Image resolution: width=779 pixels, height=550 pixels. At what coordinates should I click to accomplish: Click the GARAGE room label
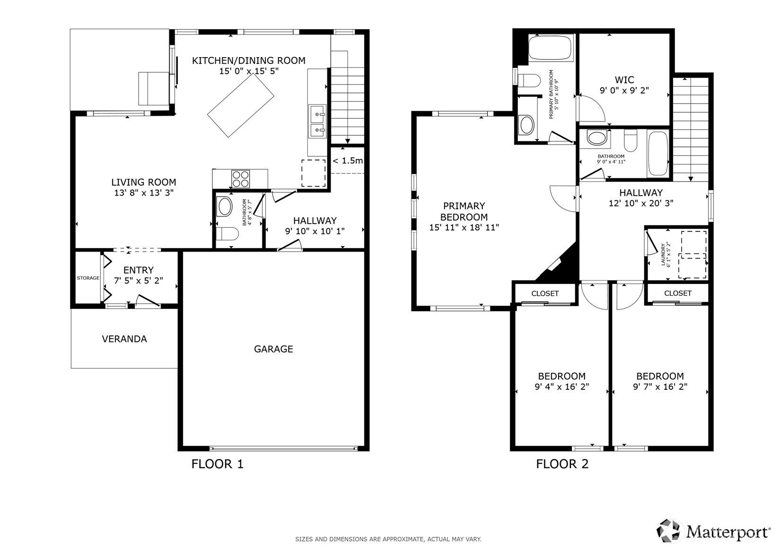273,349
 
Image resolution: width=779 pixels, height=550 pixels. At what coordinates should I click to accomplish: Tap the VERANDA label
124,339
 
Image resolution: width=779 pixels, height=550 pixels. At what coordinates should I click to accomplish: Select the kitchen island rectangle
241,106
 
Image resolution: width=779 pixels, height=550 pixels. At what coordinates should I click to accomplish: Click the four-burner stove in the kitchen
240,179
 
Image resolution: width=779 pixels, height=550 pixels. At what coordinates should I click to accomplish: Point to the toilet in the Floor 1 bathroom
227,234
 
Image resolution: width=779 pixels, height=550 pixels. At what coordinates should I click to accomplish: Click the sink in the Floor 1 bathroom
225,207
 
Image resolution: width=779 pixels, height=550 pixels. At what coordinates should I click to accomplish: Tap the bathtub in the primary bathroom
550,48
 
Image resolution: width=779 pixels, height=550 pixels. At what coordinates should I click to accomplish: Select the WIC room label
624,79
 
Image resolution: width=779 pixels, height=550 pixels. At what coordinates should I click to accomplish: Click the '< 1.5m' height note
348,161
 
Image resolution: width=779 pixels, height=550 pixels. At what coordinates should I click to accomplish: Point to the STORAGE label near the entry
88,278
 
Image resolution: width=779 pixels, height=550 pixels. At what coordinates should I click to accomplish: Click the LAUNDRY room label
663,255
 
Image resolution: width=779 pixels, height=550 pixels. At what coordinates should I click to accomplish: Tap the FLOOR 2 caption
562,464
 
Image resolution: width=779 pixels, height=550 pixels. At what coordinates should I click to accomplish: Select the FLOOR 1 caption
218,464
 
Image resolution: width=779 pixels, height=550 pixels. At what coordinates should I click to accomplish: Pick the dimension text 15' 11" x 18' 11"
464,228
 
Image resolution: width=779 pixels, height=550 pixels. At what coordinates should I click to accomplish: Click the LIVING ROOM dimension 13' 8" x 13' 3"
144,193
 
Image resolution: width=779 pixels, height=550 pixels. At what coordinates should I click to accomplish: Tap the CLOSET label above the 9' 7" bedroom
677,293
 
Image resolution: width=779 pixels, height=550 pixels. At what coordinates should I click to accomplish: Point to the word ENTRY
139,270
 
